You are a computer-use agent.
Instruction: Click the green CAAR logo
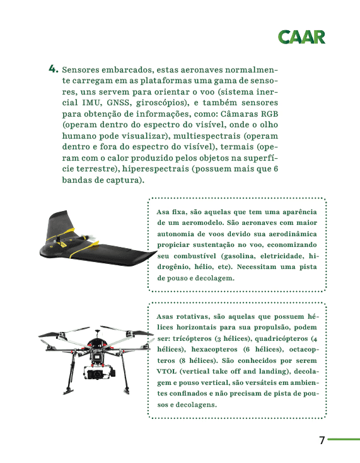click(301, 37)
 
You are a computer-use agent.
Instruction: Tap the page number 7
click(322, 440)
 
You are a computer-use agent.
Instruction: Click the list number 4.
click(54, 69)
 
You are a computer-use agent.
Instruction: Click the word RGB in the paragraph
click(269, 113)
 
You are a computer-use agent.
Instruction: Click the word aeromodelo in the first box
click(202, 222)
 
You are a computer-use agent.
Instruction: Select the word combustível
click(195, 256)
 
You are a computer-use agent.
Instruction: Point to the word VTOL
click(166, 371)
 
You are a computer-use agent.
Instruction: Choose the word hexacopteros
click(214, 350)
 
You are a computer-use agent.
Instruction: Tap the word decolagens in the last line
click(196, 404)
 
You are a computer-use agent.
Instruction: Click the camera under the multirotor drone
click(98, 373)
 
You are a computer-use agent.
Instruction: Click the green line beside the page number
click(344, 440)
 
